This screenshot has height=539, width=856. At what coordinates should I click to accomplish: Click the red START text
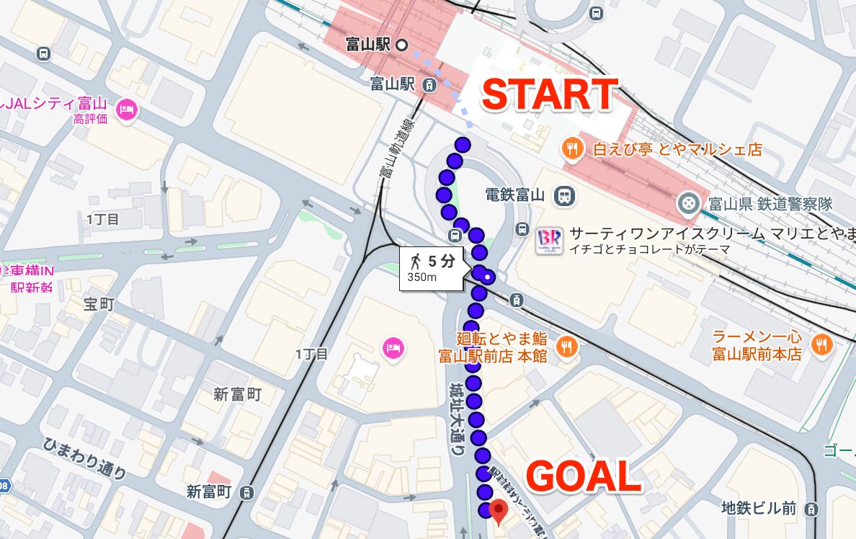coord(550,95)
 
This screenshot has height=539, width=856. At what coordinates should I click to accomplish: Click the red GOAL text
coord(583,476)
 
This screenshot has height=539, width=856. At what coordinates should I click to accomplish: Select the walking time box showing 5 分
coord(432,269)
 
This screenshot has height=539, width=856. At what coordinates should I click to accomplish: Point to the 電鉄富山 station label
coord(513,195)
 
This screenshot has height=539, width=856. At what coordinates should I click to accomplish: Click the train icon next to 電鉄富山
coord(563,195)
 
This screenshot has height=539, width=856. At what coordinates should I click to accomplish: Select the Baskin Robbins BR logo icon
coord(548,241)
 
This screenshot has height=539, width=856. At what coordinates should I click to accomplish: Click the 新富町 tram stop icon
coord(247,492)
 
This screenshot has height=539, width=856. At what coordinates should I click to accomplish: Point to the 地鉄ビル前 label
coord(759,509)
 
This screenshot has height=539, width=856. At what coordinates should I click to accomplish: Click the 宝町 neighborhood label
coord(99,305)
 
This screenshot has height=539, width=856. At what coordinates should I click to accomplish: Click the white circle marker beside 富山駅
coord(403,45)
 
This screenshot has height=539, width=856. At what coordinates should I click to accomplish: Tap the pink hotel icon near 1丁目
coord(393,348)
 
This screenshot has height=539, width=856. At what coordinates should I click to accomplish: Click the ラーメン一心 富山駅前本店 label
coord(757,345)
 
